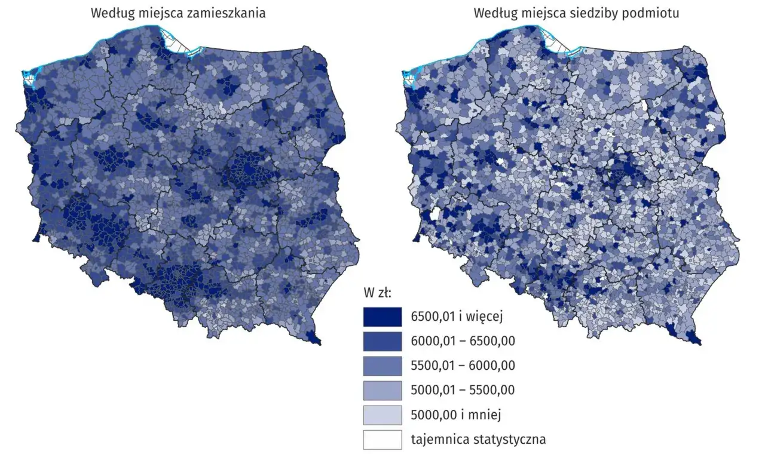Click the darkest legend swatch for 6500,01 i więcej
click(x=382, y=317)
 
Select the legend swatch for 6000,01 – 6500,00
click(x=382, y=341)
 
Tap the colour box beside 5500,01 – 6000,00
click(x=382, y=366)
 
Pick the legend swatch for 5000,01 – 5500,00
click(x=382, y=390)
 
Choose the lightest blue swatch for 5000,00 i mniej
click(x=382, y=415)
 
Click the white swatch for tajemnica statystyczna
click(x=382, y=439)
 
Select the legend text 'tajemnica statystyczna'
click(x=478, y=440)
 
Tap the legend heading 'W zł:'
click(x=377, y=293)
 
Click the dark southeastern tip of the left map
click(x=314, y=338)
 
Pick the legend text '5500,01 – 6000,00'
click(x=463, y=366)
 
